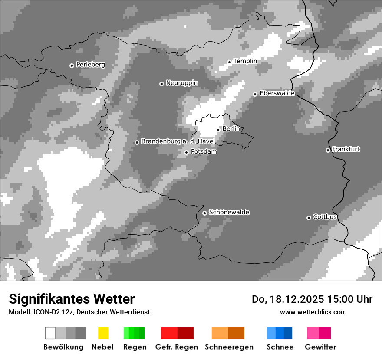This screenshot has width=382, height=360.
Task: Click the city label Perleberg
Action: pyautogui.click(x=90, y=65)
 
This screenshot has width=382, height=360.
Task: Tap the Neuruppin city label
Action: pyautogui.click(x=181, y=83)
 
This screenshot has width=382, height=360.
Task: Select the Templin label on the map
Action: pyautogui.click(x=245, y=61)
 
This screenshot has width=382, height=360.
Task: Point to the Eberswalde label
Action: pyautogui.click(x=277, y=93)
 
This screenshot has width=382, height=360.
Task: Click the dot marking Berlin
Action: pyautogui.click(x=218, y=130)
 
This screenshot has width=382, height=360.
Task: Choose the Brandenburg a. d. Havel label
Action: pyautogui.click(x=178, y=141)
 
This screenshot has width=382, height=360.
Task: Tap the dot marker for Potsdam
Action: pyautogui.click(x=187, y=152)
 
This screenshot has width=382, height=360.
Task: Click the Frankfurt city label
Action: pyautogui.click(x=346, y=149)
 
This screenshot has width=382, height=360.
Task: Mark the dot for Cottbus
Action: pyautogui.click(x=309, y=218)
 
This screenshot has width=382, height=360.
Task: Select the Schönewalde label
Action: pyautogui.click(x=229, y=212)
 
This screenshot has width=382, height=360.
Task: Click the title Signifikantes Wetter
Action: pyautogui.click(x=72, y=299)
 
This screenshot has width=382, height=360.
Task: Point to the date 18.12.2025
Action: pyautogui.click(x=296, y=299)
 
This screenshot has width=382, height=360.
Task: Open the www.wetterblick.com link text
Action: pyautogui.click(x=313, y=312)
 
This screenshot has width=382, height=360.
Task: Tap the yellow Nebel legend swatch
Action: pyautogui.click(x=103, y=333)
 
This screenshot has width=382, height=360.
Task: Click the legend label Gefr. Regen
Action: pyautogui.click(x=177, y=347)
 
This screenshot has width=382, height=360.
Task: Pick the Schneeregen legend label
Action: pyautogui.click(x=229, y=347)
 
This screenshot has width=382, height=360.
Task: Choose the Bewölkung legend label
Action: pyautogui.click(x=63, y=347)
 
